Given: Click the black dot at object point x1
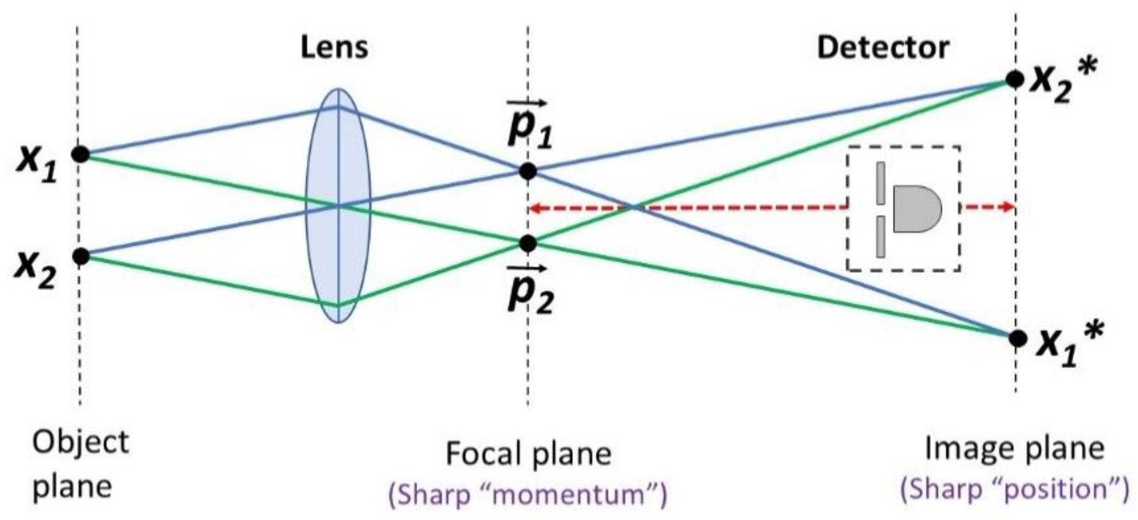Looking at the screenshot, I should point(81,154).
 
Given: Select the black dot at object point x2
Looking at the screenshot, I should point(81,256).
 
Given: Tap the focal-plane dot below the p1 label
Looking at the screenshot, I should point(528,171).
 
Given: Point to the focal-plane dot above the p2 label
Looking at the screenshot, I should point(528,243).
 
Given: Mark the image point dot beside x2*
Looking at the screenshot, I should point(1015,79).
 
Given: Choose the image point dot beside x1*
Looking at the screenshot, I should point(1017,338).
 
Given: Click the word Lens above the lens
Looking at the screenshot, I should point(334,48).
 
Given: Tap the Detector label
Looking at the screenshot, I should point(883,48).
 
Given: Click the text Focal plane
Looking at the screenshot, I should point(528,454).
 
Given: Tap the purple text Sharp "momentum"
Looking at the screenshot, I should point(528,495).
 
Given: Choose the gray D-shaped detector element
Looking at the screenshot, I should point(916,208).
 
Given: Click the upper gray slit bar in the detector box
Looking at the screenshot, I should point(881,183).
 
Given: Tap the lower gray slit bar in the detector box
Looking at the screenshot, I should point(881,236).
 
